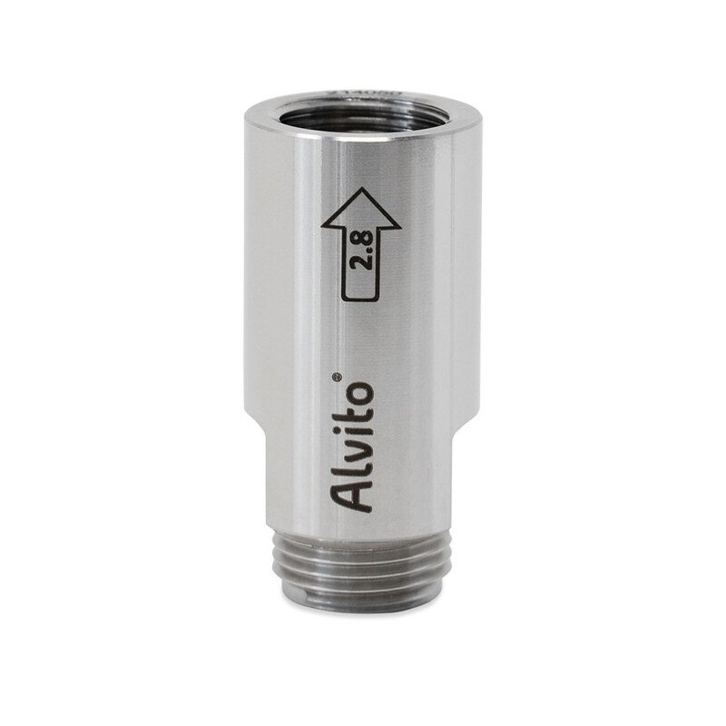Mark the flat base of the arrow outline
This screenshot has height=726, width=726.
click(x=359, y=299)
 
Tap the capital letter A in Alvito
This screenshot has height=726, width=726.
click(x=355, y=497)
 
